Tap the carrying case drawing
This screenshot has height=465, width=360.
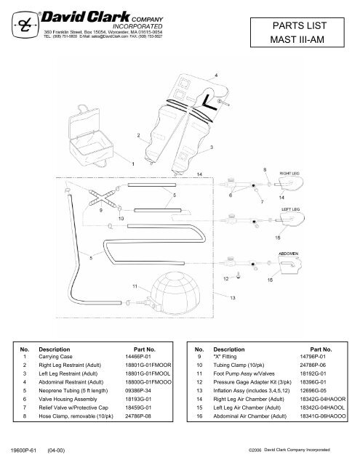[x=92, y=132]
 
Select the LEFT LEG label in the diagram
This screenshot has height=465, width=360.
[x=291, y=209]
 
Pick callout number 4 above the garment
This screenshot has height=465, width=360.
[x=216, y=75]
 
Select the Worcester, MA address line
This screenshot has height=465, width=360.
[x=113, y=33]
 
